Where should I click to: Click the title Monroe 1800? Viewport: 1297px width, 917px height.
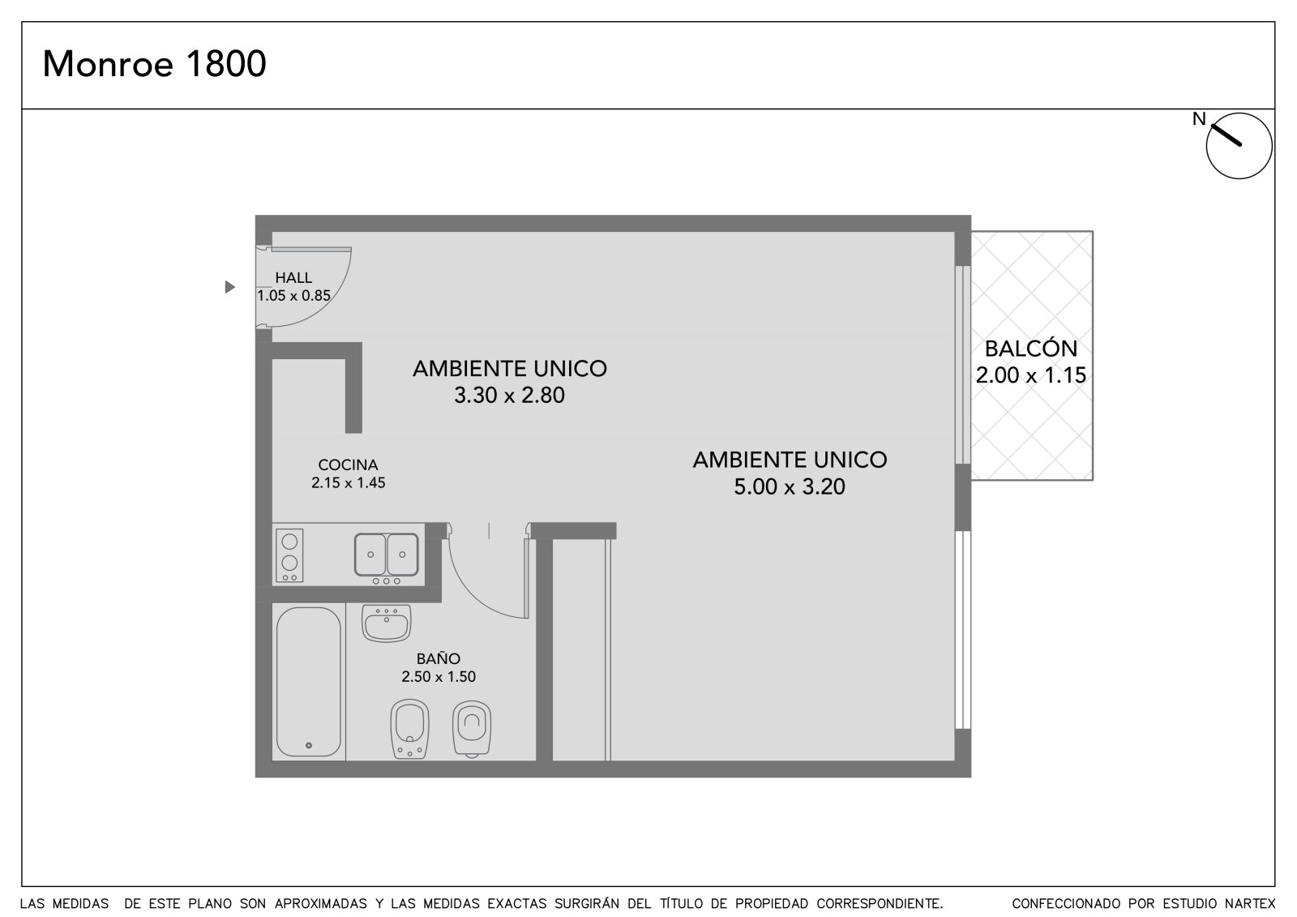[155, 64]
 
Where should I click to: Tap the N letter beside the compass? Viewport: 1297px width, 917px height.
[1199, 118]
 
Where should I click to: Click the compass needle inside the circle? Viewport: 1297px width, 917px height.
[1227, 135]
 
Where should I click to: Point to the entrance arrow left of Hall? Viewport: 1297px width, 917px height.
[230, 287]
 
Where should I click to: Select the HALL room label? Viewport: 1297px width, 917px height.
[293, 278]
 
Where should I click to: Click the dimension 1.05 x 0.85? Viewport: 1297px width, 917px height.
[293, 296]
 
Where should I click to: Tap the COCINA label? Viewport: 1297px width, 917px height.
[348, 465]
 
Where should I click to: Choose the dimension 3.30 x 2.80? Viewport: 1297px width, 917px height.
[509, 395]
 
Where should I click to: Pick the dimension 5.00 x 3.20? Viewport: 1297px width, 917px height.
[790, 486]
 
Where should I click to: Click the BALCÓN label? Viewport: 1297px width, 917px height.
[1031, 348]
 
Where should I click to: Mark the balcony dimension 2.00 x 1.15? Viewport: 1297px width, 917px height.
[1031, 375]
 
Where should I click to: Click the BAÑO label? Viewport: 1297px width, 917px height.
[439, 658]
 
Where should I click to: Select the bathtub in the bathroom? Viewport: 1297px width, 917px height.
[309, 681]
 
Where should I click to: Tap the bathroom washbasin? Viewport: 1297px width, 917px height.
[386, 623]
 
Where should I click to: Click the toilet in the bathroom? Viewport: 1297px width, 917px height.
[472, 729]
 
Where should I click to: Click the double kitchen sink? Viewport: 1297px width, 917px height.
[386, 555]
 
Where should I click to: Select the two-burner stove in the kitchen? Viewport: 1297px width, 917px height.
[289, 555]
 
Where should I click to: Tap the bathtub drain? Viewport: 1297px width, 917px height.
[309, 746]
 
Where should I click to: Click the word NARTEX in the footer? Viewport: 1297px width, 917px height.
[1251, 904]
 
